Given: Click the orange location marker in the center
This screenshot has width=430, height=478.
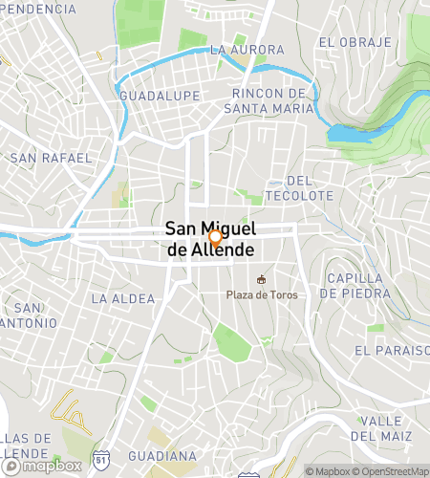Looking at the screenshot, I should (216, 237).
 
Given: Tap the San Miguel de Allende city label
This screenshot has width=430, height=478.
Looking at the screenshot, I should (209, 240).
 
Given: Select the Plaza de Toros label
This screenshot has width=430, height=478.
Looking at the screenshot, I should (261, 294).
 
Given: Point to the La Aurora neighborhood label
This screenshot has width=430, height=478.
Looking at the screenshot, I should (247, 50).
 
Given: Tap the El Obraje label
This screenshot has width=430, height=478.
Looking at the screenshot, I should (355, 42).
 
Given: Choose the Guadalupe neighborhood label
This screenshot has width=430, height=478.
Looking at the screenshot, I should (160, 97).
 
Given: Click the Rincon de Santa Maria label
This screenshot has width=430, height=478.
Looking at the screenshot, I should (273, 100).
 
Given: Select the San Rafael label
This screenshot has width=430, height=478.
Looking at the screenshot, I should (51, 157).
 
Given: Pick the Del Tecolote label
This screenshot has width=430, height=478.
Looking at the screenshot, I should (310, 187).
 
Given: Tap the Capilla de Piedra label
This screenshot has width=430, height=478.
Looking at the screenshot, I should (356, 286).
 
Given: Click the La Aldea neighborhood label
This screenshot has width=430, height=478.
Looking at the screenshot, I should (122, 299).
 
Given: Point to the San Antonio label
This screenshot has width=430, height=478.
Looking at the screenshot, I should (29, 315).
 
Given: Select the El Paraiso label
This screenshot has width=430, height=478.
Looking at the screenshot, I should (392, 351).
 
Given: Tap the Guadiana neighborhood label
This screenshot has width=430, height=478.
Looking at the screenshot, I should (162, 456).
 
